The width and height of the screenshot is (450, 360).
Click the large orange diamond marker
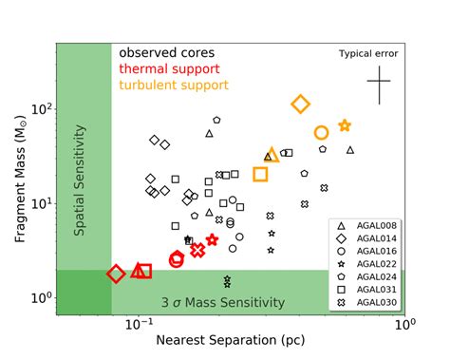tap(301, 104)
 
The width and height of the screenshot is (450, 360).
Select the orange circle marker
tap(322, 133)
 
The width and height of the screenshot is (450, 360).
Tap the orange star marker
tap(345, 125)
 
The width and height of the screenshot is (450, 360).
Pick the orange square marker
tap(260, 174)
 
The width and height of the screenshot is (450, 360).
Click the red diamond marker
tap(116, 274)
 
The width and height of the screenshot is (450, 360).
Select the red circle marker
tap(177, 258)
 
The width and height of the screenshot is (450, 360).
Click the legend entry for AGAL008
tap(371, 225)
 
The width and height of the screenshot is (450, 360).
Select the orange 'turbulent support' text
tap(174, 85)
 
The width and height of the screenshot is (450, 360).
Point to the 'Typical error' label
tap(368, 54)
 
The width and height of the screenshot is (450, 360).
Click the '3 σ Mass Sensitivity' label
tap(223, 302)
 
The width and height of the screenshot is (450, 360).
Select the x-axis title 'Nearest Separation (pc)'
tap(231, 341)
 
